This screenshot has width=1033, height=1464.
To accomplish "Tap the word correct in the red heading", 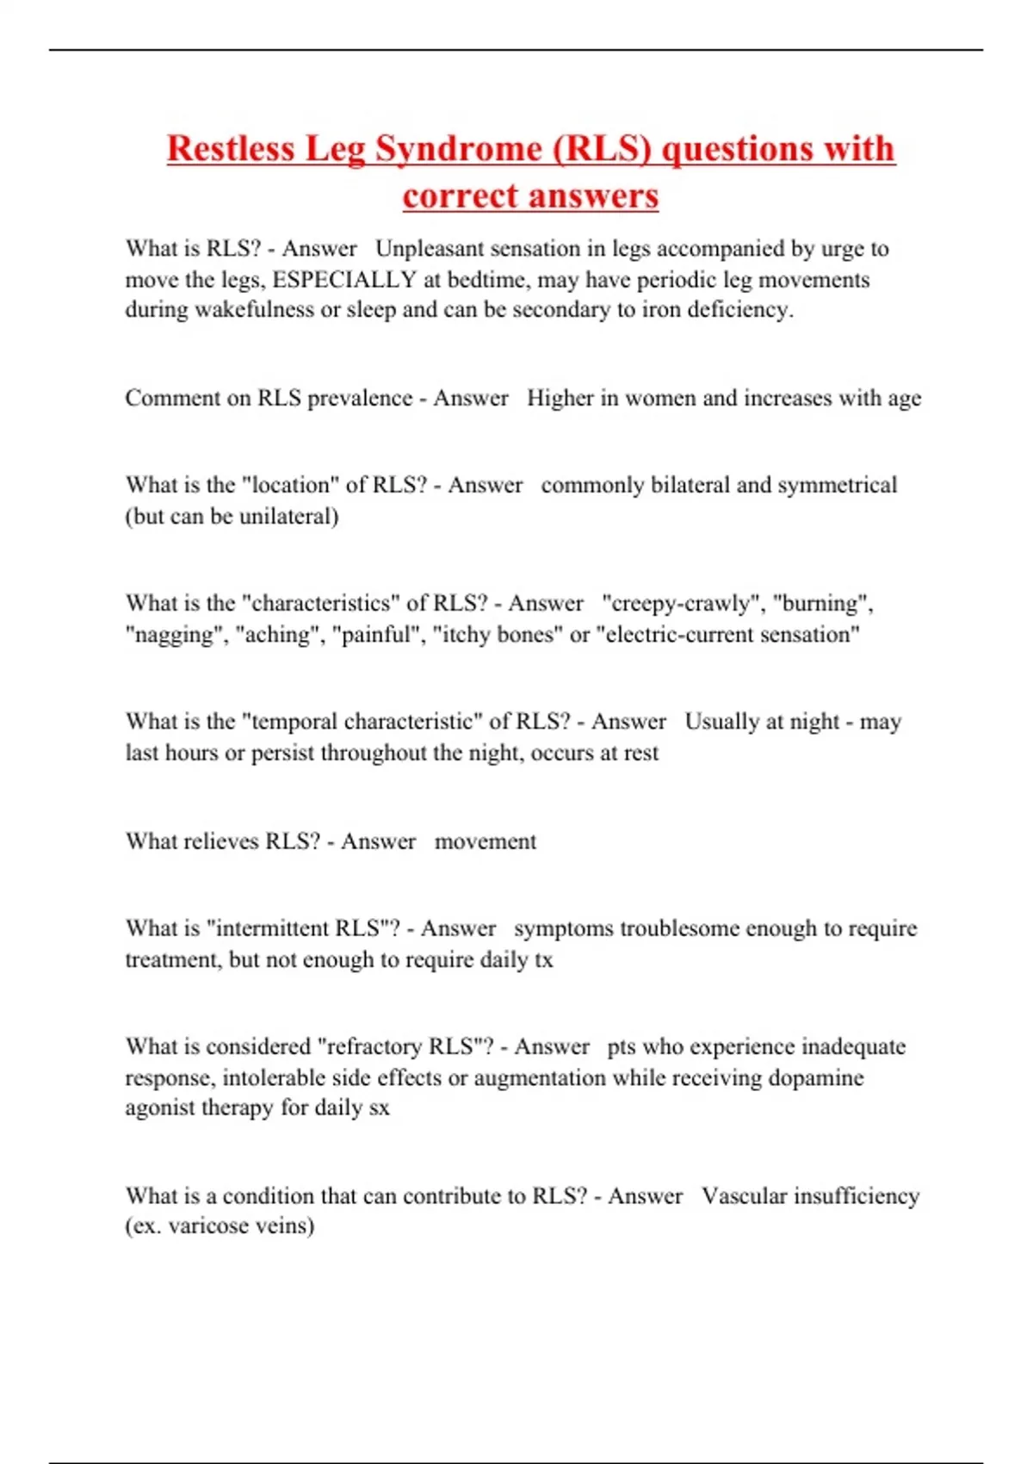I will [x=456, y=196].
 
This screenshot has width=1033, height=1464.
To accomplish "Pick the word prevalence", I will [x=360, y=399].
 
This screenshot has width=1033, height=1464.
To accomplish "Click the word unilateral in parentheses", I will [x=285, y=517].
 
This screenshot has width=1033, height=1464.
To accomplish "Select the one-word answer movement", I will [x=485, y=841].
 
